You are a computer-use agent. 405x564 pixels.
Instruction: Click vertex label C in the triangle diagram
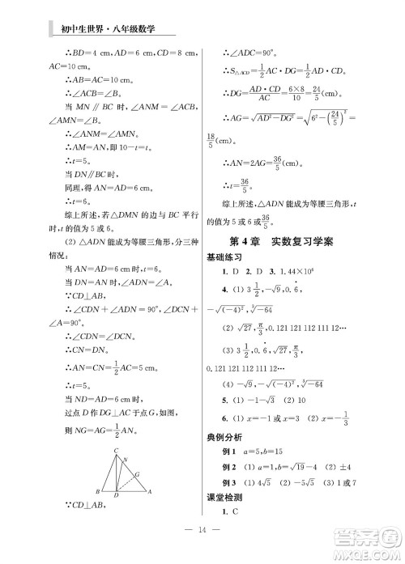pyautogui.click(x=116, y=450)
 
